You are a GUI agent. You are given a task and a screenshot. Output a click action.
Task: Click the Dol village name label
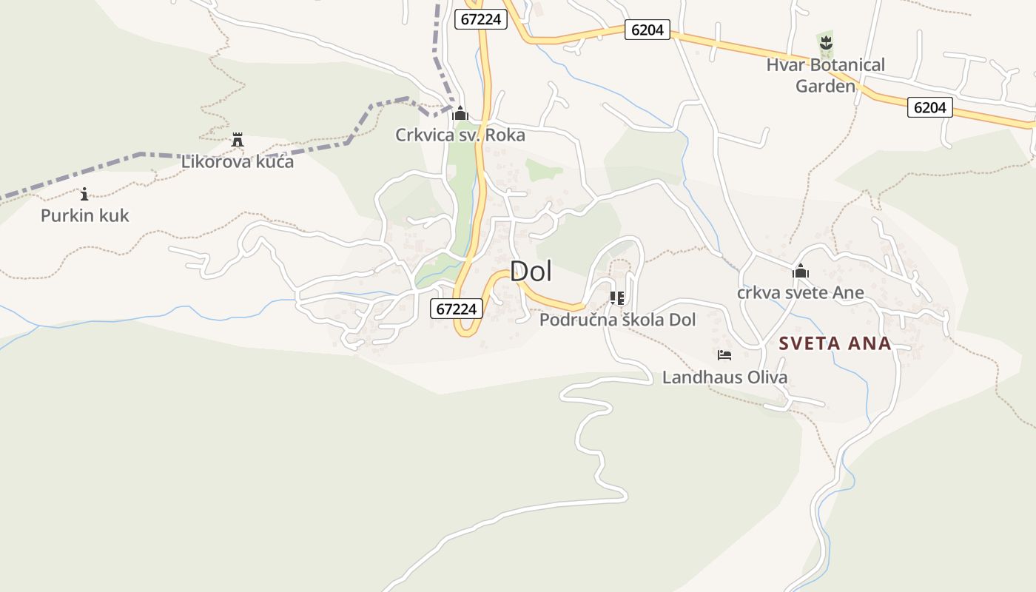pos(531,271)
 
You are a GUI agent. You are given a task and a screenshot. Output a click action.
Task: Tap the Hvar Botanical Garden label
pos(825,75)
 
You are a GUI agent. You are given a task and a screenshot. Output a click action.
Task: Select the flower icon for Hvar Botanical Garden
pos(826,42)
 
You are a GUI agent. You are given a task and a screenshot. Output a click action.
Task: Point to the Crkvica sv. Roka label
pos(460,135)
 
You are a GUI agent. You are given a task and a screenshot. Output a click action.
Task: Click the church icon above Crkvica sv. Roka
pos(460,113)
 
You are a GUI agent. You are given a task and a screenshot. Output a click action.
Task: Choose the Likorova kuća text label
pos(238,161)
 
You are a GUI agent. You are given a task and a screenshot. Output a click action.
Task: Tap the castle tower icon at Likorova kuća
pos(238,139)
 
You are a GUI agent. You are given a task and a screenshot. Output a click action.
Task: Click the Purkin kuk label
pos(84,215)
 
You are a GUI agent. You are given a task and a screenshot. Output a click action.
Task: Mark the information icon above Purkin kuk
pos(84,194)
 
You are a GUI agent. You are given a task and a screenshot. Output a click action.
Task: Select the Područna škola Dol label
pos(617,320)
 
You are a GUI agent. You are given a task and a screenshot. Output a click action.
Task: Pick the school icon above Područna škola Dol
pos(616,298)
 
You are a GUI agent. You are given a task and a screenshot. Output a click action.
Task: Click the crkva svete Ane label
pos(800,292)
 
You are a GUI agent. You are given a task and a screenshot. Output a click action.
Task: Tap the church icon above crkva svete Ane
pos(800,271)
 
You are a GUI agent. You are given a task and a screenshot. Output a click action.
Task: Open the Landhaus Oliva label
pos(724,377)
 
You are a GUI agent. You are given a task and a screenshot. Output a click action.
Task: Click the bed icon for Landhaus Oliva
pos(724,355)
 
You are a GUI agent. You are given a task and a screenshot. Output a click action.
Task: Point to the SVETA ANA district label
pos(835,343)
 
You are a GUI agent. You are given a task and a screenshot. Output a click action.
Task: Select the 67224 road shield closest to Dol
pos(457,309)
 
